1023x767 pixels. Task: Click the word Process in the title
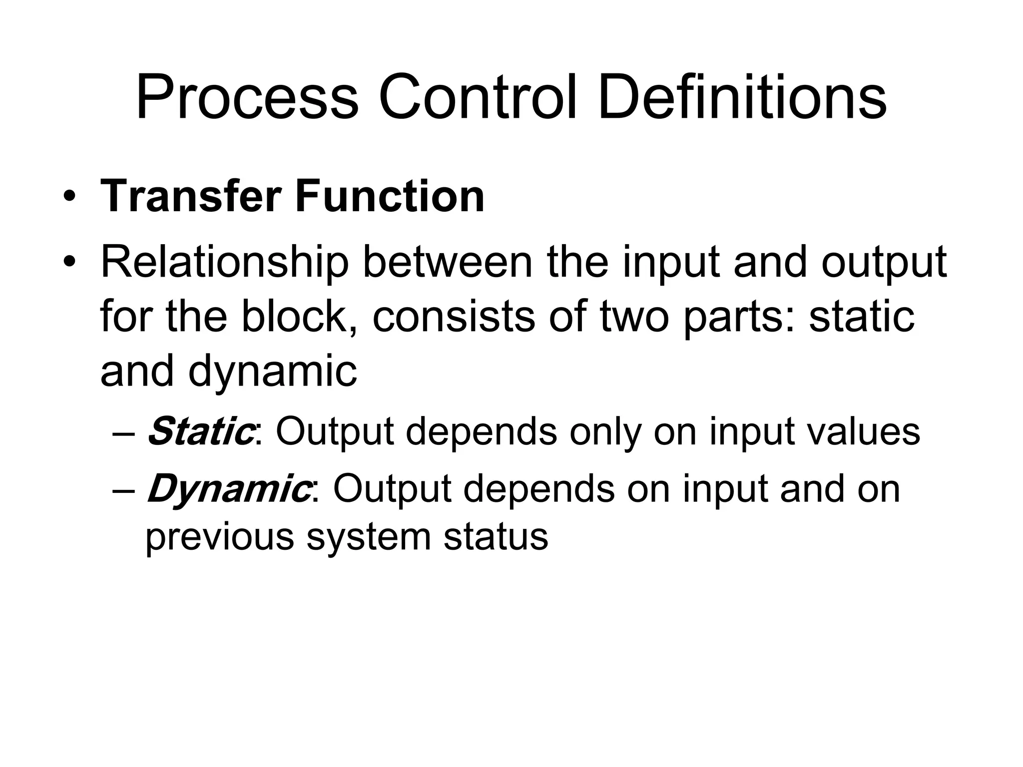(x=247, y=98)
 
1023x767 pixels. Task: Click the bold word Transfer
(x=191, y=196)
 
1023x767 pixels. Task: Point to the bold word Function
(x=390, y=196)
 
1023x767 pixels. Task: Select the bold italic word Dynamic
(x=228, y=490)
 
